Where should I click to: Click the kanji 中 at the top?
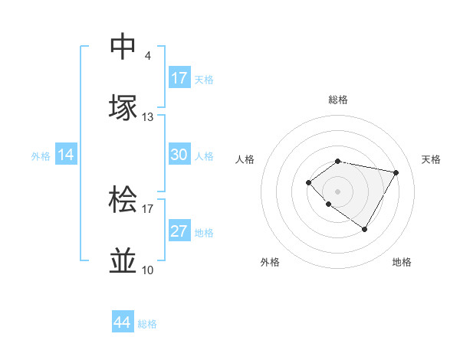[x=123, y=47]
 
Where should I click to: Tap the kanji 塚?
[x=123, y=108]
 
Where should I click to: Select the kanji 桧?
[x=123, y=200]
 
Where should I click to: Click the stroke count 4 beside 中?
[x=148, y=56]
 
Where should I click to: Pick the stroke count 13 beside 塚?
[x=148, y=117]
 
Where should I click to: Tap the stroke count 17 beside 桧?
[x=148, y=208]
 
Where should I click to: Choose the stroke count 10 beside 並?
[x=148, y=270]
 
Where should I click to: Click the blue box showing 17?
[x=179, y=78]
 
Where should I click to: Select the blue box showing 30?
[x=179, y=155]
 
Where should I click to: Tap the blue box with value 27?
[x=179, y=231]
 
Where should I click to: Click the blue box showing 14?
[x=66, y=155]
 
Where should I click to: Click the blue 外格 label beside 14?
[x=41, y=156]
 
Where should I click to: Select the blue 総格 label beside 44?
[x=147, y=325]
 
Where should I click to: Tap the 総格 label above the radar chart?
[x=337, y=100]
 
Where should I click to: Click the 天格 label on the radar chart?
[x=431, y=159]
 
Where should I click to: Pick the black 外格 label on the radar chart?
[x=270, y=262]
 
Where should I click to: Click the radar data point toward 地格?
[x=365, y=229]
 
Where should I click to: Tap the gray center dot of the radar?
[x=337, y=191]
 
